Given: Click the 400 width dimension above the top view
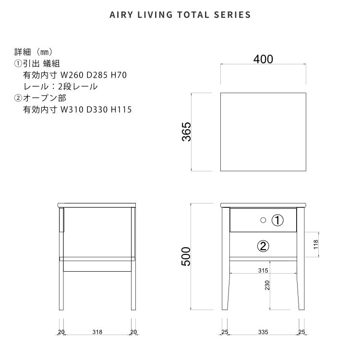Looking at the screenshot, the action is point(263,59).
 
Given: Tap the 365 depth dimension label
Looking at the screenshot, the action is point(186,132).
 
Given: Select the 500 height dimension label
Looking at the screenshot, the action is point(186,256).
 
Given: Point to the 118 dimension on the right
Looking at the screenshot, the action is point(316,244).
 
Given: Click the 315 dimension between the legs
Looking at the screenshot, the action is point(263,270).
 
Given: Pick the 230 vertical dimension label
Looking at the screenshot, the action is point(267,285).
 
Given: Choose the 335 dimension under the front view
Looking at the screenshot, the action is point(263,332).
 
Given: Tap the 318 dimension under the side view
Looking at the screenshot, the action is point(97,332).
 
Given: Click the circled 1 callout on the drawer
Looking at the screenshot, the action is point(277,220).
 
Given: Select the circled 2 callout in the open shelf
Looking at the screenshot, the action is point(263,246).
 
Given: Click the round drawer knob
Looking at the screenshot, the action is point(263,220).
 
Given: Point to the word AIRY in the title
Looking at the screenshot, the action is point(121,15).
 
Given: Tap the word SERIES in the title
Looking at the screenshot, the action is point(232,15).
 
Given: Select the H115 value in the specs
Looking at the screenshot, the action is point(121,109).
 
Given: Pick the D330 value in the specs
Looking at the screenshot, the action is point(97,109).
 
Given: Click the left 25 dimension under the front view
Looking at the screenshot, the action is point(225,332).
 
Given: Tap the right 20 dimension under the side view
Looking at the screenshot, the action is point(133,332).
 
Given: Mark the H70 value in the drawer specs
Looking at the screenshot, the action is point(119,75).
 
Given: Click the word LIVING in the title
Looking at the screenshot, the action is point(155,15).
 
